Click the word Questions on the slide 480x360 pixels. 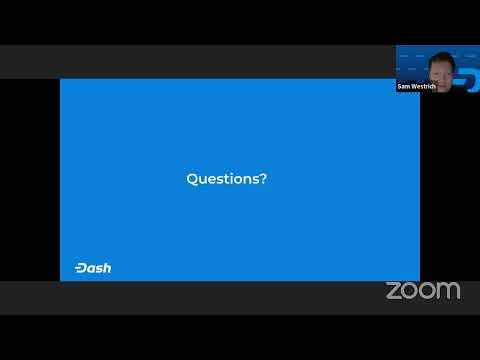pos(223,179)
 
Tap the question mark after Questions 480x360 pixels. pos(263,178)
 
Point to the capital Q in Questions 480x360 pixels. pos(192,179)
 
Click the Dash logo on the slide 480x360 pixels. pos(93,268)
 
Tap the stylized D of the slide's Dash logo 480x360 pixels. pos(81,268)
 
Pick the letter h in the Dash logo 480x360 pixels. pos(107,268)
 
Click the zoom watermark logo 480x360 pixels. pos(423,291)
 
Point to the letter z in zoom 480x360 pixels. pos(393,291)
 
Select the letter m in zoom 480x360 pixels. pos(448,291)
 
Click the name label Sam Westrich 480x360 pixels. pos(417,86)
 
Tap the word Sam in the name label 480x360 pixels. pos(404,86)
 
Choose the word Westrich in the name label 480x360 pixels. pos(424,86)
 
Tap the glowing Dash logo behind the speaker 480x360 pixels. pos(467,80)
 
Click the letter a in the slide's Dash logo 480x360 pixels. pos(91,269)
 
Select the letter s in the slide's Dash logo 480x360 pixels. pos(98,269)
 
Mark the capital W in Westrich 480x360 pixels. pos(414,86)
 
